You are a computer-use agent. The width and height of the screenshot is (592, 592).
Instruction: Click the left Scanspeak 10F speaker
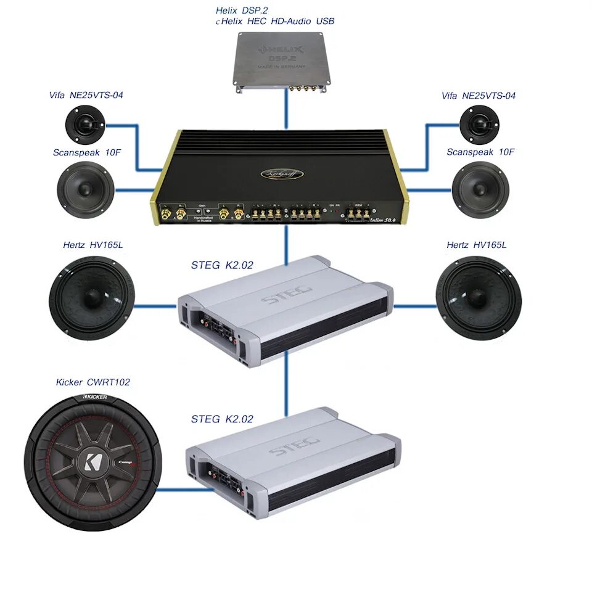(86, 190)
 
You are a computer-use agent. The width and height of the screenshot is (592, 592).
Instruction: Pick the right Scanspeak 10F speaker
(480, 190)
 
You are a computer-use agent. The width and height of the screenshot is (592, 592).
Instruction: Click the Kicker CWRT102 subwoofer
(93, 462)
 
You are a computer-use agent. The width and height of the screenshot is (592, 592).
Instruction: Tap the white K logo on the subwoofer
(93, 462)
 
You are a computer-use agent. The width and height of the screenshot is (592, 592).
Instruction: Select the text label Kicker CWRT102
(93, 382)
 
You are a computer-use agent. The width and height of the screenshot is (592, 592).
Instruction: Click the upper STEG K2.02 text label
(222, 266)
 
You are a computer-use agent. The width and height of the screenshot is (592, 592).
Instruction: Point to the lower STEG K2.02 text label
(222, 419)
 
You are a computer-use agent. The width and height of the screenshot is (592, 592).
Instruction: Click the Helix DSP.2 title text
(242, 10)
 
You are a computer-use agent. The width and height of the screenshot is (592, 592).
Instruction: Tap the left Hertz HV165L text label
(92, 245)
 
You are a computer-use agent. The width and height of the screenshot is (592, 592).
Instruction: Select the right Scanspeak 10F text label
(480, 152)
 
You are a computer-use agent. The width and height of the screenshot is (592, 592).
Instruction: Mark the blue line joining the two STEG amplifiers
(286, 385)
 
